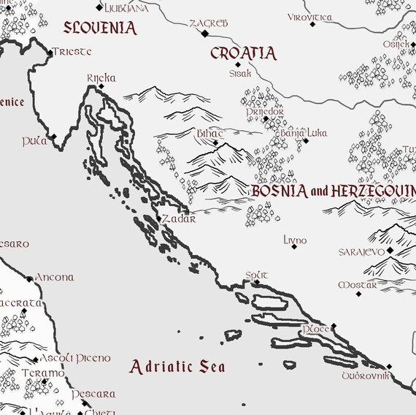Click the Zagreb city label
(208, 23)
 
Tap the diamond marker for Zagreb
(205, 33)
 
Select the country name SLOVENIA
(100, 28)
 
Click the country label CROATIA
(243, 53)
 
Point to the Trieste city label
(74, 52)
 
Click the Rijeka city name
(101, 77)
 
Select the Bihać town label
(209, 134)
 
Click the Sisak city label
(240, 74)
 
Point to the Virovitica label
(309, 17)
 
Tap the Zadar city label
(179, 218)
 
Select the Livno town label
(295, 240)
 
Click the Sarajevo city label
(361, 251)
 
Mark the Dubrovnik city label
(366, 376)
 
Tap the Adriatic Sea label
(177, 367)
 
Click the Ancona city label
(55, 278)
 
